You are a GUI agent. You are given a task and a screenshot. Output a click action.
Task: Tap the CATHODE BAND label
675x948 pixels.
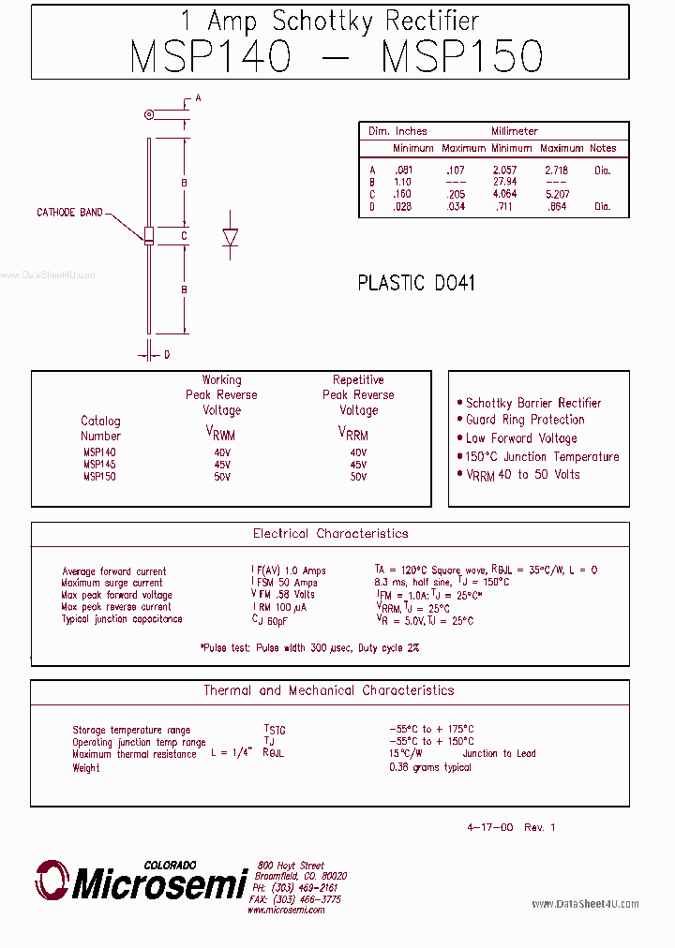[x=69, y=213]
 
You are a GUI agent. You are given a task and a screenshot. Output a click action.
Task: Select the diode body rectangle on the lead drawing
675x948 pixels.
[x=149, y=235]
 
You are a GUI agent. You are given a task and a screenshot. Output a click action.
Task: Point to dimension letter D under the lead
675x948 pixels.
[x=167, y=355]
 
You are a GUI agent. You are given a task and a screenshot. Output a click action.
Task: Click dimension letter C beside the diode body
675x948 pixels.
[x=185, y=236]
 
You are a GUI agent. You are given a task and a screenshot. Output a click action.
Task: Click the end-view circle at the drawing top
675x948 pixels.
[x=149, y=115]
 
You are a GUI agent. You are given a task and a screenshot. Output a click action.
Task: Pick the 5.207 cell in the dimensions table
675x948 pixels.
[x=562, y=194]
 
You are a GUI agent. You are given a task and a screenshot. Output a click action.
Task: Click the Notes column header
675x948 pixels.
[x=603, y=148]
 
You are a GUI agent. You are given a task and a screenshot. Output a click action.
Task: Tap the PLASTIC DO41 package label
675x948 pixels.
[x=416, y=283]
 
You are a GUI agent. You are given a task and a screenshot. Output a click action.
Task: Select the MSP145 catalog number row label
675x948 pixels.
[x=99, y=464]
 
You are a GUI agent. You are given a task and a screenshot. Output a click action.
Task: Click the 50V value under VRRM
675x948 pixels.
[x=358, y=477]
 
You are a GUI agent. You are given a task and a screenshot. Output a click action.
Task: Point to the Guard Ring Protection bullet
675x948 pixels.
[x=524, y=420]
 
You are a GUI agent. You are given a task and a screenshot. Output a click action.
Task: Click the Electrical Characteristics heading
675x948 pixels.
[x=330, y=533]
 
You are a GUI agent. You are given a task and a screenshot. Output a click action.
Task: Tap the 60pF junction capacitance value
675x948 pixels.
[x=274, y=619]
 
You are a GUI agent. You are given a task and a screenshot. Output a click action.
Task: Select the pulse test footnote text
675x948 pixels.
[x=309, y=647]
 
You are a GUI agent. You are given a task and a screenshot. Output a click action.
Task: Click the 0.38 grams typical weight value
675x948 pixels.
[x=430, y=767]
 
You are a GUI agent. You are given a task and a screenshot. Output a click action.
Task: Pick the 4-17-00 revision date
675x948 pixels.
[x=489, y=827]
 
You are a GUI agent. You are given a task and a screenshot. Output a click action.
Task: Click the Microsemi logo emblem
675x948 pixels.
[x=52, y=881]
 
